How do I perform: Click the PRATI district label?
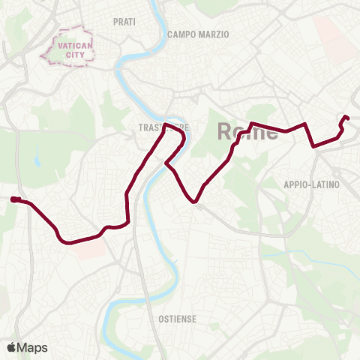[x=124, y=22]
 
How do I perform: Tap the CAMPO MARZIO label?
[x=198, y=34]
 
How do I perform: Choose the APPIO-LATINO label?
[x=312, y=184]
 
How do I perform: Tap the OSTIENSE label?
[x=178, y=319]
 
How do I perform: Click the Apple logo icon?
[x=12, y=347]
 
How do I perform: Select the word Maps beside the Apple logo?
[x=33, y=347]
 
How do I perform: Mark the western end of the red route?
[x=13, y=199]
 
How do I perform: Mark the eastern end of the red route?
[x=346, y=117]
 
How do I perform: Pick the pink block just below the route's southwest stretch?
[x=89, y=249]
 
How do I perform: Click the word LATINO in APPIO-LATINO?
[x=325, y=184]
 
